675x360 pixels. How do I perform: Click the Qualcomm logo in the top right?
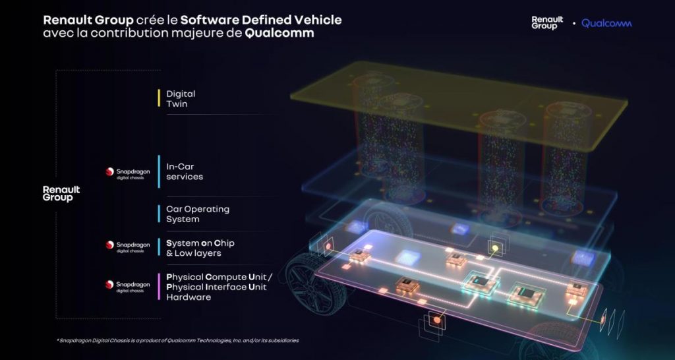click(x=606, y=23)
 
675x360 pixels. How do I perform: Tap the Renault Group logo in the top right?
click(x=547, y=23)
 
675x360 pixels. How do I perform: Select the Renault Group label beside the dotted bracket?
click(x=61, y=194)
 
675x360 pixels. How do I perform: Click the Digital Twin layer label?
click(x=181, y=99)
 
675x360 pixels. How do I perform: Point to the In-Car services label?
click(x=185, y=171)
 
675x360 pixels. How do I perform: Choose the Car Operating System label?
click(x=198, y=214)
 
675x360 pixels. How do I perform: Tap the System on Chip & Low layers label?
click(x=200, y=248)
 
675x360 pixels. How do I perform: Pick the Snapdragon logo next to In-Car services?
click(x=128, y=173)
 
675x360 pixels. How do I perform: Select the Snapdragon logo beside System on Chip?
click(x=128, y=247)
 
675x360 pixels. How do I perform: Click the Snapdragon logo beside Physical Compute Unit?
click(x=128, y=286)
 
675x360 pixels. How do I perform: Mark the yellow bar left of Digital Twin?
click(x=159, y=98)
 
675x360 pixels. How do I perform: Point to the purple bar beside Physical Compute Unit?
click(x=159, y=286)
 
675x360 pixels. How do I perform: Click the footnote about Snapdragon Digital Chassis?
click(x=177, y=341)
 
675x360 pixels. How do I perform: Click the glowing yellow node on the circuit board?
click(x=496, y=248)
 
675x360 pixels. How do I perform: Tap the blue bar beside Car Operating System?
click(x=159, y=214)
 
